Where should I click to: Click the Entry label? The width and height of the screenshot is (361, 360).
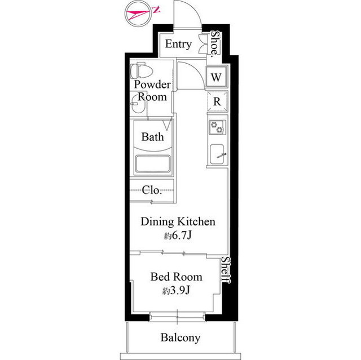click(x=178, y=44)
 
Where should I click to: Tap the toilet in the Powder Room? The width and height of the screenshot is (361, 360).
click(x=142, y=70)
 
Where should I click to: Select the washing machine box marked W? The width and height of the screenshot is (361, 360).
click(x=216, y=77)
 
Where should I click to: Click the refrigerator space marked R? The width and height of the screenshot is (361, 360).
click(x=217, y=101)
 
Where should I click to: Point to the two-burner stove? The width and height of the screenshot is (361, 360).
click(x=217, y=127)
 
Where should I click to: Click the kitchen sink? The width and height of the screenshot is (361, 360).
click(x=217, y=154)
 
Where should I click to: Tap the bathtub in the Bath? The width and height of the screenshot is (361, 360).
click(x=153, y=164)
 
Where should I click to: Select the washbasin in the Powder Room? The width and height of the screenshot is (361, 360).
click(x=138, y=105)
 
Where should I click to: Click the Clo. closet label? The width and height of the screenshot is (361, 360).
click(x=151, y=190)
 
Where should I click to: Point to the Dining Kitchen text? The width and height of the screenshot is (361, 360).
click(x=178, y=221)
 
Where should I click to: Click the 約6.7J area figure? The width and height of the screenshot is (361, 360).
click(x=178, y=235)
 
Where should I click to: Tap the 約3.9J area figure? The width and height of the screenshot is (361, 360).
click(x=176, y=291)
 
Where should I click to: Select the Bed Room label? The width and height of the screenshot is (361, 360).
click(x=177, y=277)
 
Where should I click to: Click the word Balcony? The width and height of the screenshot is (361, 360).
click(x=180, y=337)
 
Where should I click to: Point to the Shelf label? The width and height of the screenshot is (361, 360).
click(x=226, y=270)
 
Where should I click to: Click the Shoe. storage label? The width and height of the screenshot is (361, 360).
click(x=215, y=43)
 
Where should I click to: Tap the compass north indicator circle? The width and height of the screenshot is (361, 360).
click(x=138, y=14)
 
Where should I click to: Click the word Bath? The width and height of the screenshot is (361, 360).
click(x=153, y=137)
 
